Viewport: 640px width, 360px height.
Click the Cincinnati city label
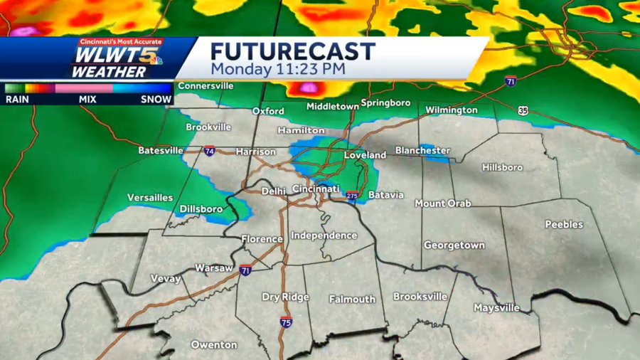(316, 189)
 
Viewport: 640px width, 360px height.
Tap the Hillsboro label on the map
(502, 168)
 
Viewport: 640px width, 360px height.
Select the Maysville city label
(496, 308)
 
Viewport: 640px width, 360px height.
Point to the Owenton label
(214, 345)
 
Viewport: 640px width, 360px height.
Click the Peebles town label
(564, 225)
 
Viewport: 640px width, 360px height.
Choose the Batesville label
(161, 151)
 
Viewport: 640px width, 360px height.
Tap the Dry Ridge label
(285, 297)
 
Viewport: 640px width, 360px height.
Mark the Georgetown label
(454, 245)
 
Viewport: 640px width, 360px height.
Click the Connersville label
(206, 86)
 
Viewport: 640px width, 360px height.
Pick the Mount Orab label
(443, 203)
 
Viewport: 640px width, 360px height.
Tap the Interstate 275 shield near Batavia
(351, 194)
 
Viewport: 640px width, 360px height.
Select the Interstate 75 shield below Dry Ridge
(285, 322)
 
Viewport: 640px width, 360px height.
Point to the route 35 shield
(523, 110)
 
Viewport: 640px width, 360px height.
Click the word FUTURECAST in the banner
(292, 51)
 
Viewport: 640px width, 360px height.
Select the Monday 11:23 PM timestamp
(278, 70)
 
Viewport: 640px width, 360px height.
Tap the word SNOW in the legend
(156, 100)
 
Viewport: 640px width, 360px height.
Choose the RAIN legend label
(18, 100)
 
